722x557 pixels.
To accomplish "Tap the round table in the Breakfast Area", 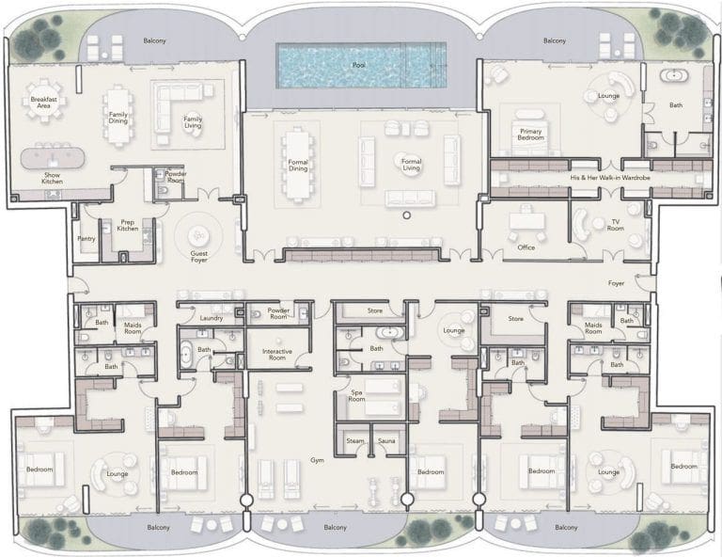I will [42, 104].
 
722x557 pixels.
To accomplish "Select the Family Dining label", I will [118, 118].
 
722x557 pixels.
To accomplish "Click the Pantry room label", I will [86, 238].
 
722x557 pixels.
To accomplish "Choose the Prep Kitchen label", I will [129, 226].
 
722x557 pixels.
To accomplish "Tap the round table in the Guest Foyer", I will [199, 235].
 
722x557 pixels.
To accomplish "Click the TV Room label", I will [617, 226].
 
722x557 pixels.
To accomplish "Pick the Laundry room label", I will [212, 318].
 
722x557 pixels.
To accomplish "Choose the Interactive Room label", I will [278, 356].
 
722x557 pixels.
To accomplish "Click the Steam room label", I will [355, 440].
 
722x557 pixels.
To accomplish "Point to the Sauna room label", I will [386, 440].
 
